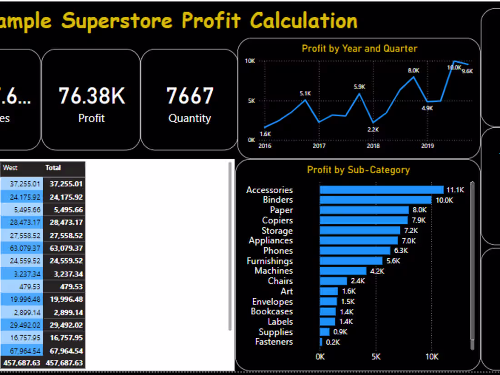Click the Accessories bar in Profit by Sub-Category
click(x=381, y=190)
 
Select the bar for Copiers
click(x=364, y=220)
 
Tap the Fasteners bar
click(x=321, y=342)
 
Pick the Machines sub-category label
click(x=274, y=270)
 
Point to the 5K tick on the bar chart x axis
click(x=376, y=357)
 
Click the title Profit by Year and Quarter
click(x=359, y=48)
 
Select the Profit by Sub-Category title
click(x=358, y=170)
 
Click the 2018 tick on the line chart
click(x=373, y=146)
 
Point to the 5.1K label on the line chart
click(x=305, y=93)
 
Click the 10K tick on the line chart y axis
click(x=250, y=61)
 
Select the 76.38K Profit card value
click(x=91, y=96)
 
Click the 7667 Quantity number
click(x=190, y=96)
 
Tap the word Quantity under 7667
click(x=190, y=118)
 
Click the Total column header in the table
click(x=53, y=168)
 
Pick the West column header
click(x=10, y=168)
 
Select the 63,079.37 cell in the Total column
click(x=66, y=248)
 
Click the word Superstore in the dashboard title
click(x=117, y=20)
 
